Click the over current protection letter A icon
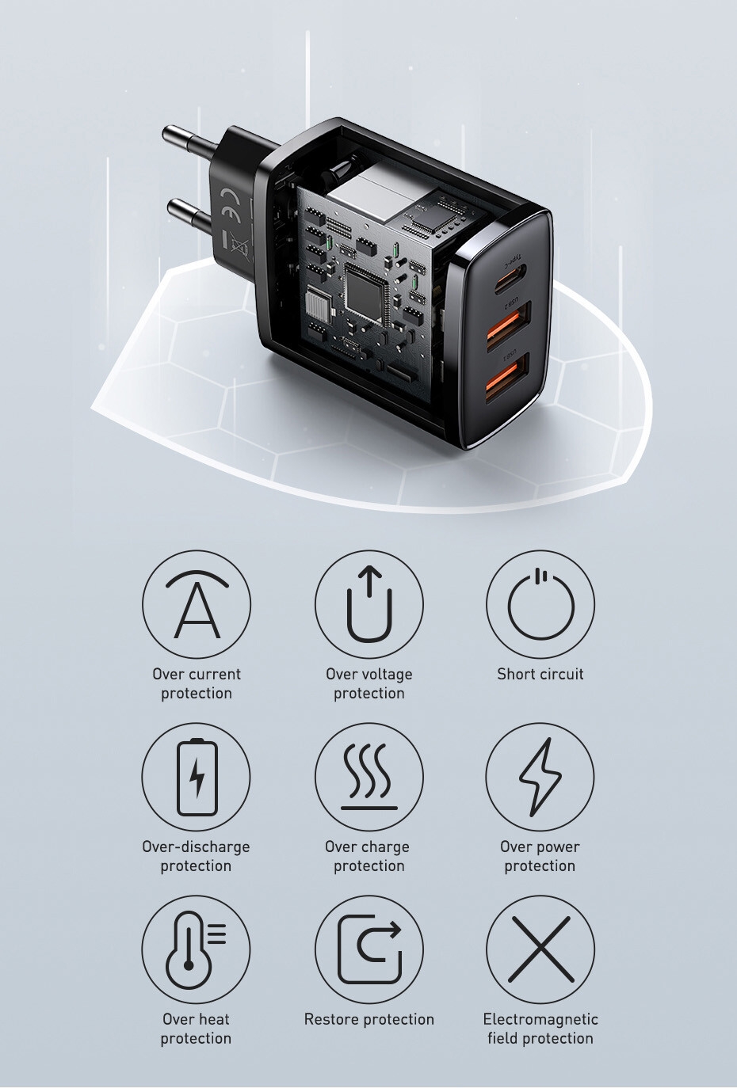[x=197, y=605]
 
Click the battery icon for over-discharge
[x=197, y=778]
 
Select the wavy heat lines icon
[x=369, y=777]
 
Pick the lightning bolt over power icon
[x=540, y=777]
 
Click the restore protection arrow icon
[x=369, y=949]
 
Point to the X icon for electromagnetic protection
[x=540, y=949]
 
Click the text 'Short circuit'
[x=540, y=674]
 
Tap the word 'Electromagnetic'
[x=540, y=1019]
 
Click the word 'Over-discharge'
[x=196, y=846]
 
